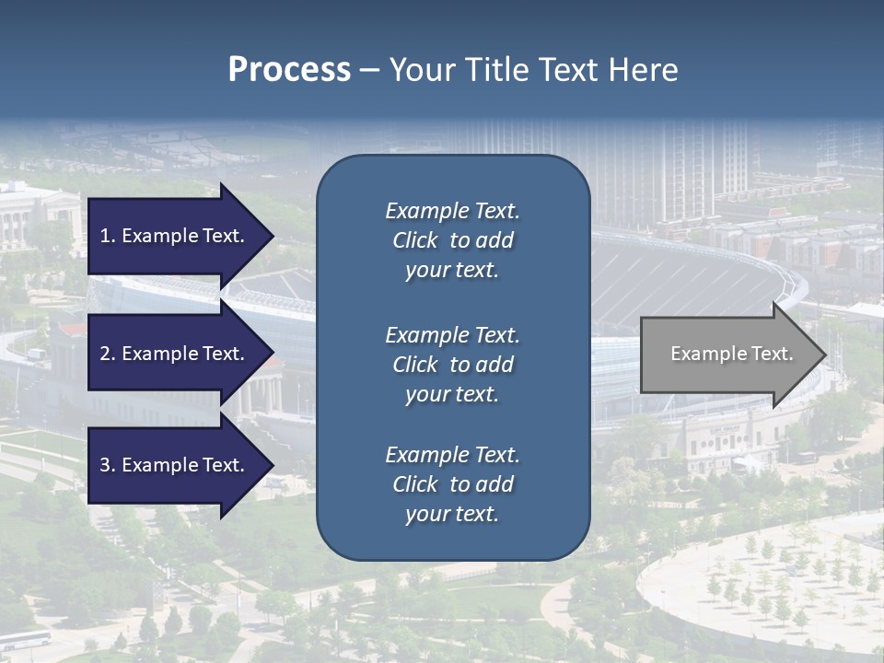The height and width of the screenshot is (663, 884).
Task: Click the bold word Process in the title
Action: [x=289, y=70]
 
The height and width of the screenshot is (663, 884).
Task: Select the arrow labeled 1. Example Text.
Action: [x=175, y=236]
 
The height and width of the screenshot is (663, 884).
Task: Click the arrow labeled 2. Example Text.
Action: [x=175, y=354]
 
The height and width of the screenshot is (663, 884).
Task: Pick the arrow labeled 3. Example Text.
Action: [x=175, y=465]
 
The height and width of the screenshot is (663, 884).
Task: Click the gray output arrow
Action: [x=727, y=355]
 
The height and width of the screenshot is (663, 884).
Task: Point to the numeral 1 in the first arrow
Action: [x=105, y=236]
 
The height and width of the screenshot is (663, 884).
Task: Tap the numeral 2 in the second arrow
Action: [x=105, y=354]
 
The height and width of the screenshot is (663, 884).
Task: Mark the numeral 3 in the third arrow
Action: [x=105, y=465]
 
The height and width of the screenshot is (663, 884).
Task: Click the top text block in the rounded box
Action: [x=452, y=240]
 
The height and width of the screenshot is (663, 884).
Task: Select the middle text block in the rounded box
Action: [x=452, y=365]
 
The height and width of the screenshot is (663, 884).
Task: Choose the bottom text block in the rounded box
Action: [x=452, y=484]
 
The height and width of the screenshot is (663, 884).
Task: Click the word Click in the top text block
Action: [x=415, y=240]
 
